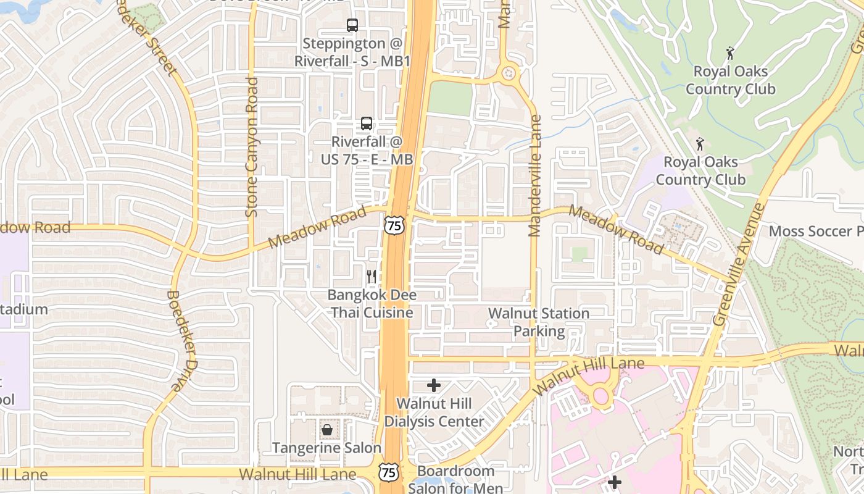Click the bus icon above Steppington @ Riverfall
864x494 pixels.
(x=352, y=25)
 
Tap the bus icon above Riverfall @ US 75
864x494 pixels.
(x=367, y=124)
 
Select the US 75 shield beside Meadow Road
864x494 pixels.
(x=394, y=225)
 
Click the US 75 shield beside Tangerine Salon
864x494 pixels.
(x=389, y=472)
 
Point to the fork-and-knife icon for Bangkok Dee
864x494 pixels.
(x=372, y=277)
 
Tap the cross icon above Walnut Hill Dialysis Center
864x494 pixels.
(x=434, y=386)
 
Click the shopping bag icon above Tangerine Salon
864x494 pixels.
(x=327, y=429)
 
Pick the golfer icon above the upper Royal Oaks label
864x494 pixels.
(x=731, y=53)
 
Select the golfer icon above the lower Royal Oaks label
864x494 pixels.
(x=700, y=144)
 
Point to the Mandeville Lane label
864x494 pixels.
(x=535, y=176)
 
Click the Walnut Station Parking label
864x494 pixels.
(x=539, y=322)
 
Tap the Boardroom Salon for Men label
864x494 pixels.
(x=455, y=479)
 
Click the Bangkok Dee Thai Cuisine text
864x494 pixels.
(x=372, y=304)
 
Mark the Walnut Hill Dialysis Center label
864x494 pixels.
(x=434, y=412)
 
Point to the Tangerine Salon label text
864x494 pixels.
(x=327, y=448)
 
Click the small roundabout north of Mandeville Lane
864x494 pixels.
(x=509, y=73)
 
